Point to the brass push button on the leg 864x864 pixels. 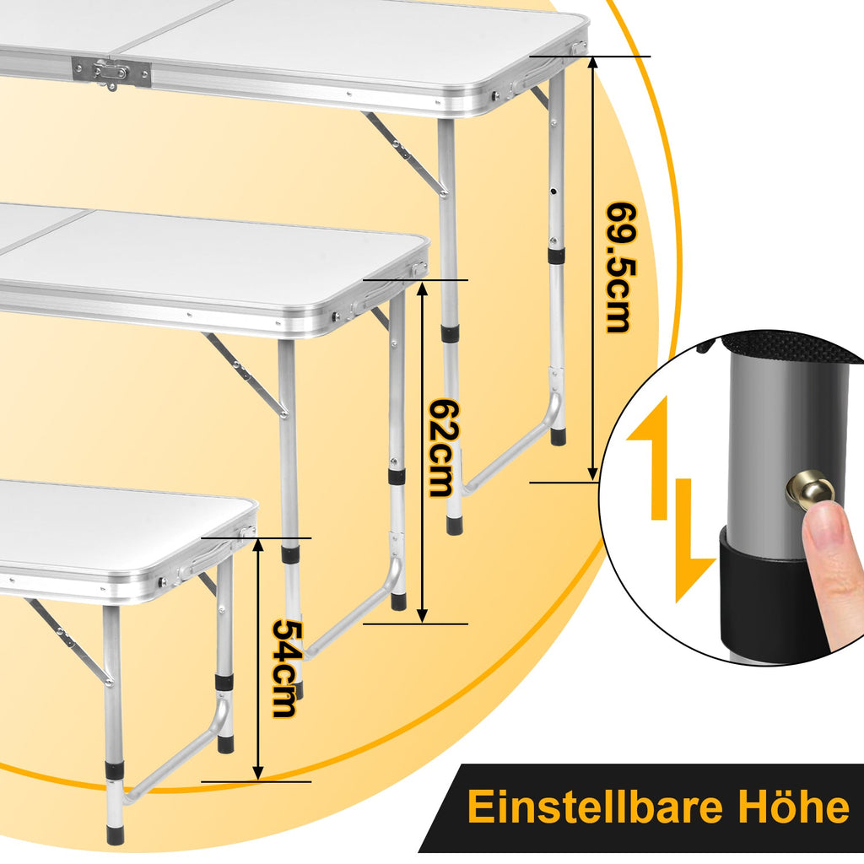click(808, 489)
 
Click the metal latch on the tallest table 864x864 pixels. click(111, 73)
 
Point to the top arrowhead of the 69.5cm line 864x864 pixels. click(593, 62)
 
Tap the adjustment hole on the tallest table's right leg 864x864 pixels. click(553, 192)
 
